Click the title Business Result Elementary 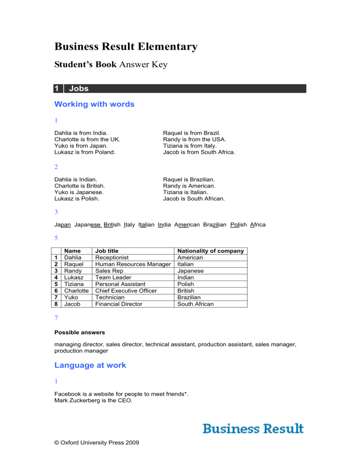[126, 47]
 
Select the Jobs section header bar [180, 88]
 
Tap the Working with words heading [94, 104]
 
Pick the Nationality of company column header [210, 251]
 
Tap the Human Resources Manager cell [132, 264]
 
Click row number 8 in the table [56, 304]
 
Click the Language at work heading [90, 365]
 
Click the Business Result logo [253, 428]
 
